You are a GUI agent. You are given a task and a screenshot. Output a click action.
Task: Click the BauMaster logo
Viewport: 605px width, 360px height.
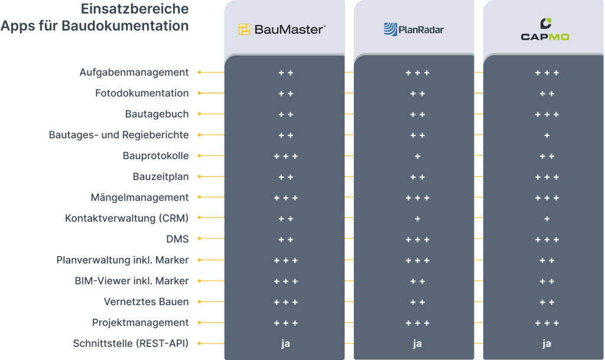click(282, 30)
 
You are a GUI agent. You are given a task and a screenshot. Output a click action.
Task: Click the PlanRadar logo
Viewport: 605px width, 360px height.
click(414, 30)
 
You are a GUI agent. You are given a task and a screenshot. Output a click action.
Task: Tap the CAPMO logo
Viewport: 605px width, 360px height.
click(545, 30)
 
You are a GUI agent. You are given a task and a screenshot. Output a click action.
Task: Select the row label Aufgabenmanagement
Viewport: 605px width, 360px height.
click(134, 73)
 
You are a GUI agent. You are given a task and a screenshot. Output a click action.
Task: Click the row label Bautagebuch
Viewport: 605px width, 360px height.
click(157, 114)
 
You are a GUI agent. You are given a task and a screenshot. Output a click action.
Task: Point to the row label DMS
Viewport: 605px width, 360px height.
click(177, 239)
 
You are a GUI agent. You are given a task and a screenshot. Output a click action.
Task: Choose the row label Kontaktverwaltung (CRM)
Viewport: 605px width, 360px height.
click(126, 218)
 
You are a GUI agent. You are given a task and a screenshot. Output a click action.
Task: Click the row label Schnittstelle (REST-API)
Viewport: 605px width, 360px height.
click(131, 343)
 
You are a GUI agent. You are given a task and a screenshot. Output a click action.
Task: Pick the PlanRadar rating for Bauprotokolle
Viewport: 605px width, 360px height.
click(418, 156)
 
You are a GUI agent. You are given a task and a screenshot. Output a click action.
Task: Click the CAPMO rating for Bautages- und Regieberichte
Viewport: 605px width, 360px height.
click(547, 135)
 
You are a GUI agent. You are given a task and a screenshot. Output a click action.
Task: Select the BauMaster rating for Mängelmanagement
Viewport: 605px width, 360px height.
click(286, 198)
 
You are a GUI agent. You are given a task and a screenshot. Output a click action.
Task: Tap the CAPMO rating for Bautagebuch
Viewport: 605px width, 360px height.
click(547, 115)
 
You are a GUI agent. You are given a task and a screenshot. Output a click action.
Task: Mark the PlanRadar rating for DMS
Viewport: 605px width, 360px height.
click(418, 239)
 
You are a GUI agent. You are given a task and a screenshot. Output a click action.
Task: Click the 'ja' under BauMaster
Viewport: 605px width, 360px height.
click(285, 344)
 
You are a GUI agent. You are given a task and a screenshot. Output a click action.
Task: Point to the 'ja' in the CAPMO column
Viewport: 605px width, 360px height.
click(547, 344)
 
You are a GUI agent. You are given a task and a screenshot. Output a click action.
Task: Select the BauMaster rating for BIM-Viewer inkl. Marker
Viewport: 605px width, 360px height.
click(286, 281)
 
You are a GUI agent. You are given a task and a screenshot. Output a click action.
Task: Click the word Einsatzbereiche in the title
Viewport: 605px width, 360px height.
click(135, 8)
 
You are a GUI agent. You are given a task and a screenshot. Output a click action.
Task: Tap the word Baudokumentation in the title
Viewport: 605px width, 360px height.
click(125, 25)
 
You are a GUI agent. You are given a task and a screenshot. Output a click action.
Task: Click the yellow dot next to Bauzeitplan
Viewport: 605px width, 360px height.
click(199, 176)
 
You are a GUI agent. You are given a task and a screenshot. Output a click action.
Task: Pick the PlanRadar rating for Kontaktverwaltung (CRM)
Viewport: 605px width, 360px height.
click(418, 219)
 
